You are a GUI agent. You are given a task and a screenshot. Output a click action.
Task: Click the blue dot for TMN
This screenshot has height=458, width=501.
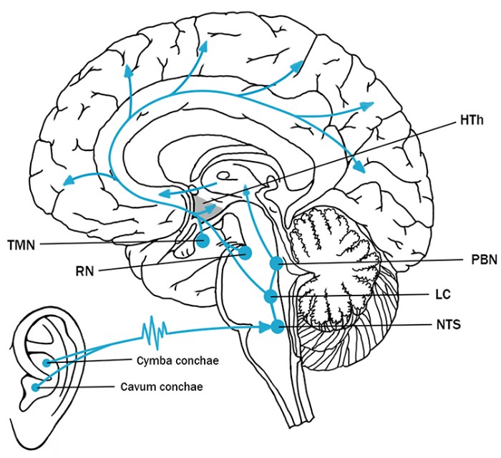click(x=203, y=241)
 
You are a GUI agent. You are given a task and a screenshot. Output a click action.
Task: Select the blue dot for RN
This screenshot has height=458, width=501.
click(x=246, y=253)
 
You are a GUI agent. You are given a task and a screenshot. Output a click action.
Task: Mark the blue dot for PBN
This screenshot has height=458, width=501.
click(x=275, y=265)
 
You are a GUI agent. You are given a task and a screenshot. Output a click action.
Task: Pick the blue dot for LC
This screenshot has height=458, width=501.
click(x=269, y=295)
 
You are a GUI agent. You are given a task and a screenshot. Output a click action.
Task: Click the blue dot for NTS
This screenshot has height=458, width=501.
click(x=276, y=328)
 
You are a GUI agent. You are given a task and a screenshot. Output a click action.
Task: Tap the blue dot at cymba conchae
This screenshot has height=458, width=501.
click(x=47, y=363)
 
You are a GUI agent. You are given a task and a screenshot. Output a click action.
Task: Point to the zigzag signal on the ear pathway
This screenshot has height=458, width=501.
click(x=155, y=331)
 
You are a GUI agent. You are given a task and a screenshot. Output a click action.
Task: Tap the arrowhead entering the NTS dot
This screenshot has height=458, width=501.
click(x=263, y=328)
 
